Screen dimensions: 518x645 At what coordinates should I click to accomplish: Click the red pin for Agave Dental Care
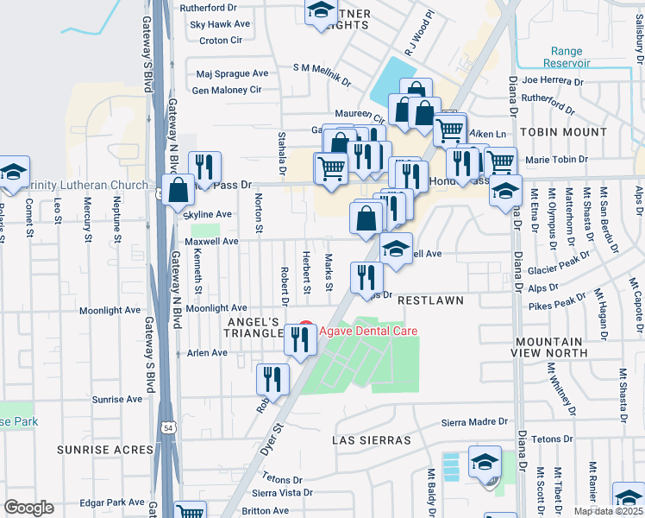304,330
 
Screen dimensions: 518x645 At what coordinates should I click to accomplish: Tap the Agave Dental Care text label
368,331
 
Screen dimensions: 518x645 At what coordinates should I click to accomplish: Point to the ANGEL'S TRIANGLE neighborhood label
254,327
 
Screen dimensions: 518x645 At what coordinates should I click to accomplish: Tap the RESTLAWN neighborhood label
430,300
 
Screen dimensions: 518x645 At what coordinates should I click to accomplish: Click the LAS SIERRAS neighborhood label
372,440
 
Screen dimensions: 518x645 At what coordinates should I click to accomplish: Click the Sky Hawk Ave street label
221,26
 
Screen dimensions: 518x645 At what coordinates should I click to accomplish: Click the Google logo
29,508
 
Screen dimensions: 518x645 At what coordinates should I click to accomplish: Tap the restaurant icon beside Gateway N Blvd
204,167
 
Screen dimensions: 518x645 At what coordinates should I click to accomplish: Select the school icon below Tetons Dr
485,461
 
